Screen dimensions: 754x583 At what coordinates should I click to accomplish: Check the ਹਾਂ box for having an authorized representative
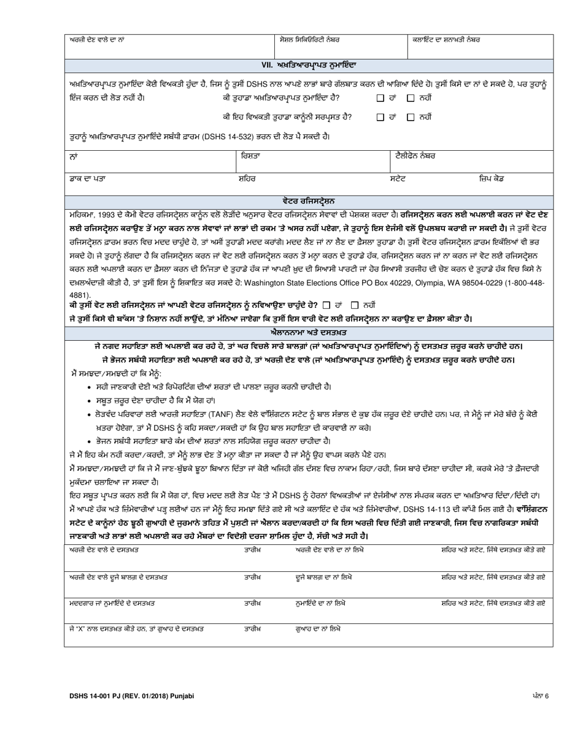tap(380, 98)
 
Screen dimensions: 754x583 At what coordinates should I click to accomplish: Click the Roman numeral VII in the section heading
tap(267, 64)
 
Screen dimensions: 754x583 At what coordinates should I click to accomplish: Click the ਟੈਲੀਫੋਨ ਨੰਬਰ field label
tap(415, 156)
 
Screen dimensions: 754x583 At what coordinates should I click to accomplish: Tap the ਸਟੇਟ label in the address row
tap(398, 178)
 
